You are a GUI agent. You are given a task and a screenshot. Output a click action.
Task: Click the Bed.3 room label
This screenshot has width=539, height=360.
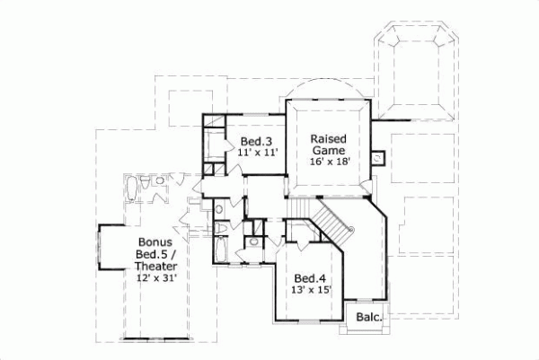(255, 142)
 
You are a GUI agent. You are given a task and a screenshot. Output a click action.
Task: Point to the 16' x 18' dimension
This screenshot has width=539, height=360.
(330, 162)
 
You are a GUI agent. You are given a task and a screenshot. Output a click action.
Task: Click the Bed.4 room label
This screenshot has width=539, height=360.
(309, 277)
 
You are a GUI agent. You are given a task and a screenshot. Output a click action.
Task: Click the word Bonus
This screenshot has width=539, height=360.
(156, 242)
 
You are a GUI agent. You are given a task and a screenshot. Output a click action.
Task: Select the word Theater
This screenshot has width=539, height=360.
(156, 267)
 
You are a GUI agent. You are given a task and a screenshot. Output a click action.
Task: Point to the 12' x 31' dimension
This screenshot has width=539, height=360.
(156, 278)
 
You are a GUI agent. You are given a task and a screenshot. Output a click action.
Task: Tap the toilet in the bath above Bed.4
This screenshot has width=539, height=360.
(255, 240)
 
